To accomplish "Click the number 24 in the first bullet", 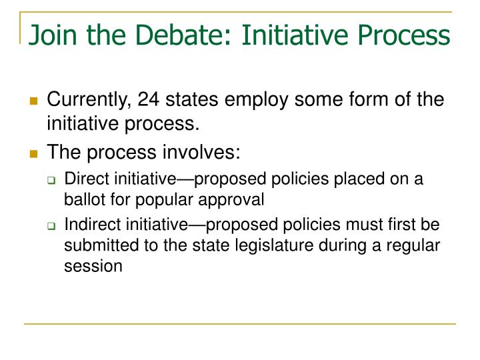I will pos(149,100).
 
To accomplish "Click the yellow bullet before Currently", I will pos(33,101).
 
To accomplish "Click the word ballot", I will pos(81,198).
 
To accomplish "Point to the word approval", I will pos(237,198).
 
